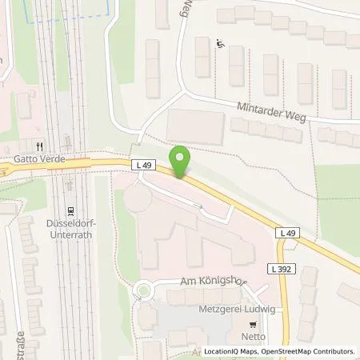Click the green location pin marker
[x=182, y=161]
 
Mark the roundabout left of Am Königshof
[x=145, y=290]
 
